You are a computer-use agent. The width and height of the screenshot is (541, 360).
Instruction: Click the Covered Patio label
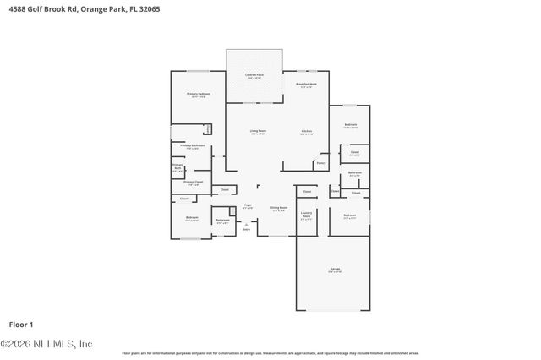(x=254, y=76)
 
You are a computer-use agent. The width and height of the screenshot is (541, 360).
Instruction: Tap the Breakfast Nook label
(x=306, y=85)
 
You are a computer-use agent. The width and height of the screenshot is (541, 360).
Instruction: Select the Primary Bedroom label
(x=199, y=95)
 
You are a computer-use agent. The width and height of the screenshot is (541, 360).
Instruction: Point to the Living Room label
(x=258, y=131)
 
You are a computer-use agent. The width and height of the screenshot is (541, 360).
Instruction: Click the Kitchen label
(x=308, y=131)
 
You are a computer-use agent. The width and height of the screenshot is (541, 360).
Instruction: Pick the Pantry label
(x=321, y=163)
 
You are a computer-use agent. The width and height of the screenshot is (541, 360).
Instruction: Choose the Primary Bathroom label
(x=193, y=146)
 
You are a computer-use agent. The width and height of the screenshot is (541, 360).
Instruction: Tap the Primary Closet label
(x=193, y=182)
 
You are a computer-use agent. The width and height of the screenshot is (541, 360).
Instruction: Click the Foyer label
(x=249, y=205)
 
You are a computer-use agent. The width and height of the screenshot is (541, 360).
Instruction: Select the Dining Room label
(x=278, y=208)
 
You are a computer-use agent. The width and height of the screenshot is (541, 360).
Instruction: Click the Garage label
(x=335, y=270)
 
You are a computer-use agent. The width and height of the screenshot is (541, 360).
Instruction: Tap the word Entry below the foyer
(x=247, y=229)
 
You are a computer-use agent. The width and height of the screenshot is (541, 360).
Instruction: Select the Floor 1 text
(x=20, y=324)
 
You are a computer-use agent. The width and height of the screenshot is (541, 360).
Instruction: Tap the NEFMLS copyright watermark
(x=46, y=344)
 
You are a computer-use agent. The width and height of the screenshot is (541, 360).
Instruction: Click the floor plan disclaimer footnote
(x=270, y=352)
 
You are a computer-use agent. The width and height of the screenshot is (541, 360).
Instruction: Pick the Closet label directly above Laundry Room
(x=307, y=192)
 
